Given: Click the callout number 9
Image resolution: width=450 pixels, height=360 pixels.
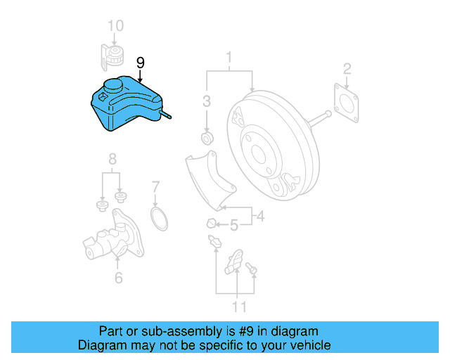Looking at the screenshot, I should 141,63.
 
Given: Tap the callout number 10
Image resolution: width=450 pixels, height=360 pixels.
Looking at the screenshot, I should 115,26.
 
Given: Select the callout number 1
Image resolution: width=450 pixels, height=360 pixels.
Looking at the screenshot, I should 229,56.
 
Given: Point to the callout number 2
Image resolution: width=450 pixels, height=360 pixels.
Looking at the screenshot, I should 347,68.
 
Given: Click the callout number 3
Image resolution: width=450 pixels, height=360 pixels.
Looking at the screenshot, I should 207,101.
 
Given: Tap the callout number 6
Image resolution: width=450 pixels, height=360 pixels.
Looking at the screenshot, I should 118,278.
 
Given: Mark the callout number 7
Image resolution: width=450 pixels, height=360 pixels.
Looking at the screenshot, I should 155,187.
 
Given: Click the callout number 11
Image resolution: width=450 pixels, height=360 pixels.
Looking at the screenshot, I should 240,307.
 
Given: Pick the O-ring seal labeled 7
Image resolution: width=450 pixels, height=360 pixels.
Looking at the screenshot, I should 160,218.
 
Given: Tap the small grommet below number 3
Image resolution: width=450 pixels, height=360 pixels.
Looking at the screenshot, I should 207,136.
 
